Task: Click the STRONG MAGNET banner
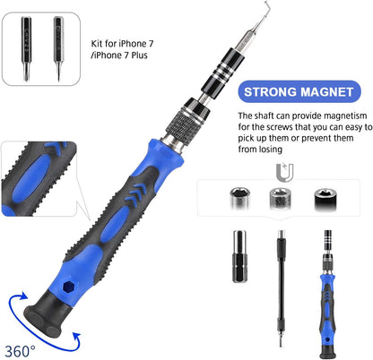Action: [298, 92]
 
